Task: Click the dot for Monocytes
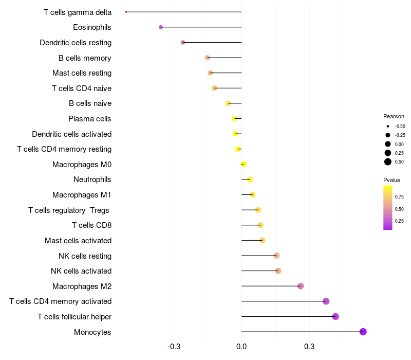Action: [x=363, y=332]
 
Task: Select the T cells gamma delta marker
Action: [x=126, y=12]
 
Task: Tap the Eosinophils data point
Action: [x=161, y=27]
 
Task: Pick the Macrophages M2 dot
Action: [x=301, y=286]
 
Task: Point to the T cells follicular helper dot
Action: [x=335, y=316]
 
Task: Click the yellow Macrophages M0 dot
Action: [x=244, y=164]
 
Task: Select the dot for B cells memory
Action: [x=207, y=58]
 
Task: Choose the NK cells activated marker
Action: [x=278, y=271]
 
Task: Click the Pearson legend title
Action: [x=394, y=116]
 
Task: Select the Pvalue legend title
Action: [x=391, y=180]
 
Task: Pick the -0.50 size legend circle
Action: [x=388, y=126]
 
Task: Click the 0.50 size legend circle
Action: [x=388, y=161]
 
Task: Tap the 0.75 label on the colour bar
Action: [x=399, y=196]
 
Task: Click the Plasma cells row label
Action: [x=90, y=119]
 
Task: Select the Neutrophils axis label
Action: [x=92, y=179]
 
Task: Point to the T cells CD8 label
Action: [x=92, y=225]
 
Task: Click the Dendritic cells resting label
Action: [x=76, y=42]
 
